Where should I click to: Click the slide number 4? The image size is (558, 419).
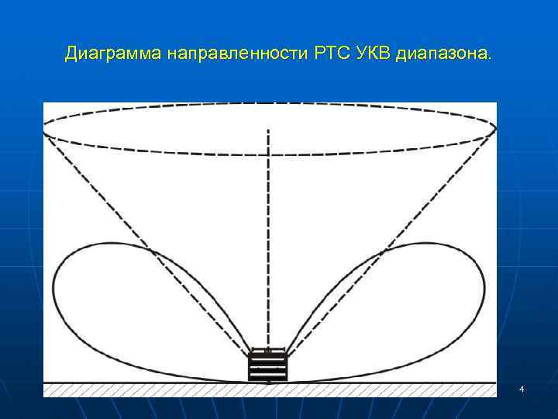pyautogui.click(x=522, y=388)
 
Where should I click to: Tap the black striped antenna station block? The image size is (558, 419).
pyautogui.click(x=267, y=367)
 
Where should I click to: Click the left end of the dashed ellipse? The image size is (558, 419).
pyautogui.click(x=44, y=130)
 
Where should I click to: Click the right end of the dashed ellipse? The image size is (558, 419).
pyautogui.click(x=495, y=128)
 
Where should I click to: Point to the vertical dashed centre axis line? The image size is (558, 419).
pyautogui.click(x=269, y=233)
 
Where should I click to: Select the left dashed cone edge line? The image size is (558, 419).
pyautogui.click(x=147, y=241)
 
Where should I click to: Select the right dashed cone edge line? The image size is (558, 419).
pyautogui.click(x=387, y=241)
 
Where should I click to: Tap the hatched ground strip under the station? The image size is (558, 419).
pyautogui.click(x=155, y=390)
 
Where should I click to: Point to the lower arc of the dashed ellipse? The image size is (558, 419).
pyautogui.click(x=269, y=155)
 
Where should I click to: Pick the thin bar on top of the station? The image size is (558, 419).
pyautogui.click(x=267, y=351)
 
